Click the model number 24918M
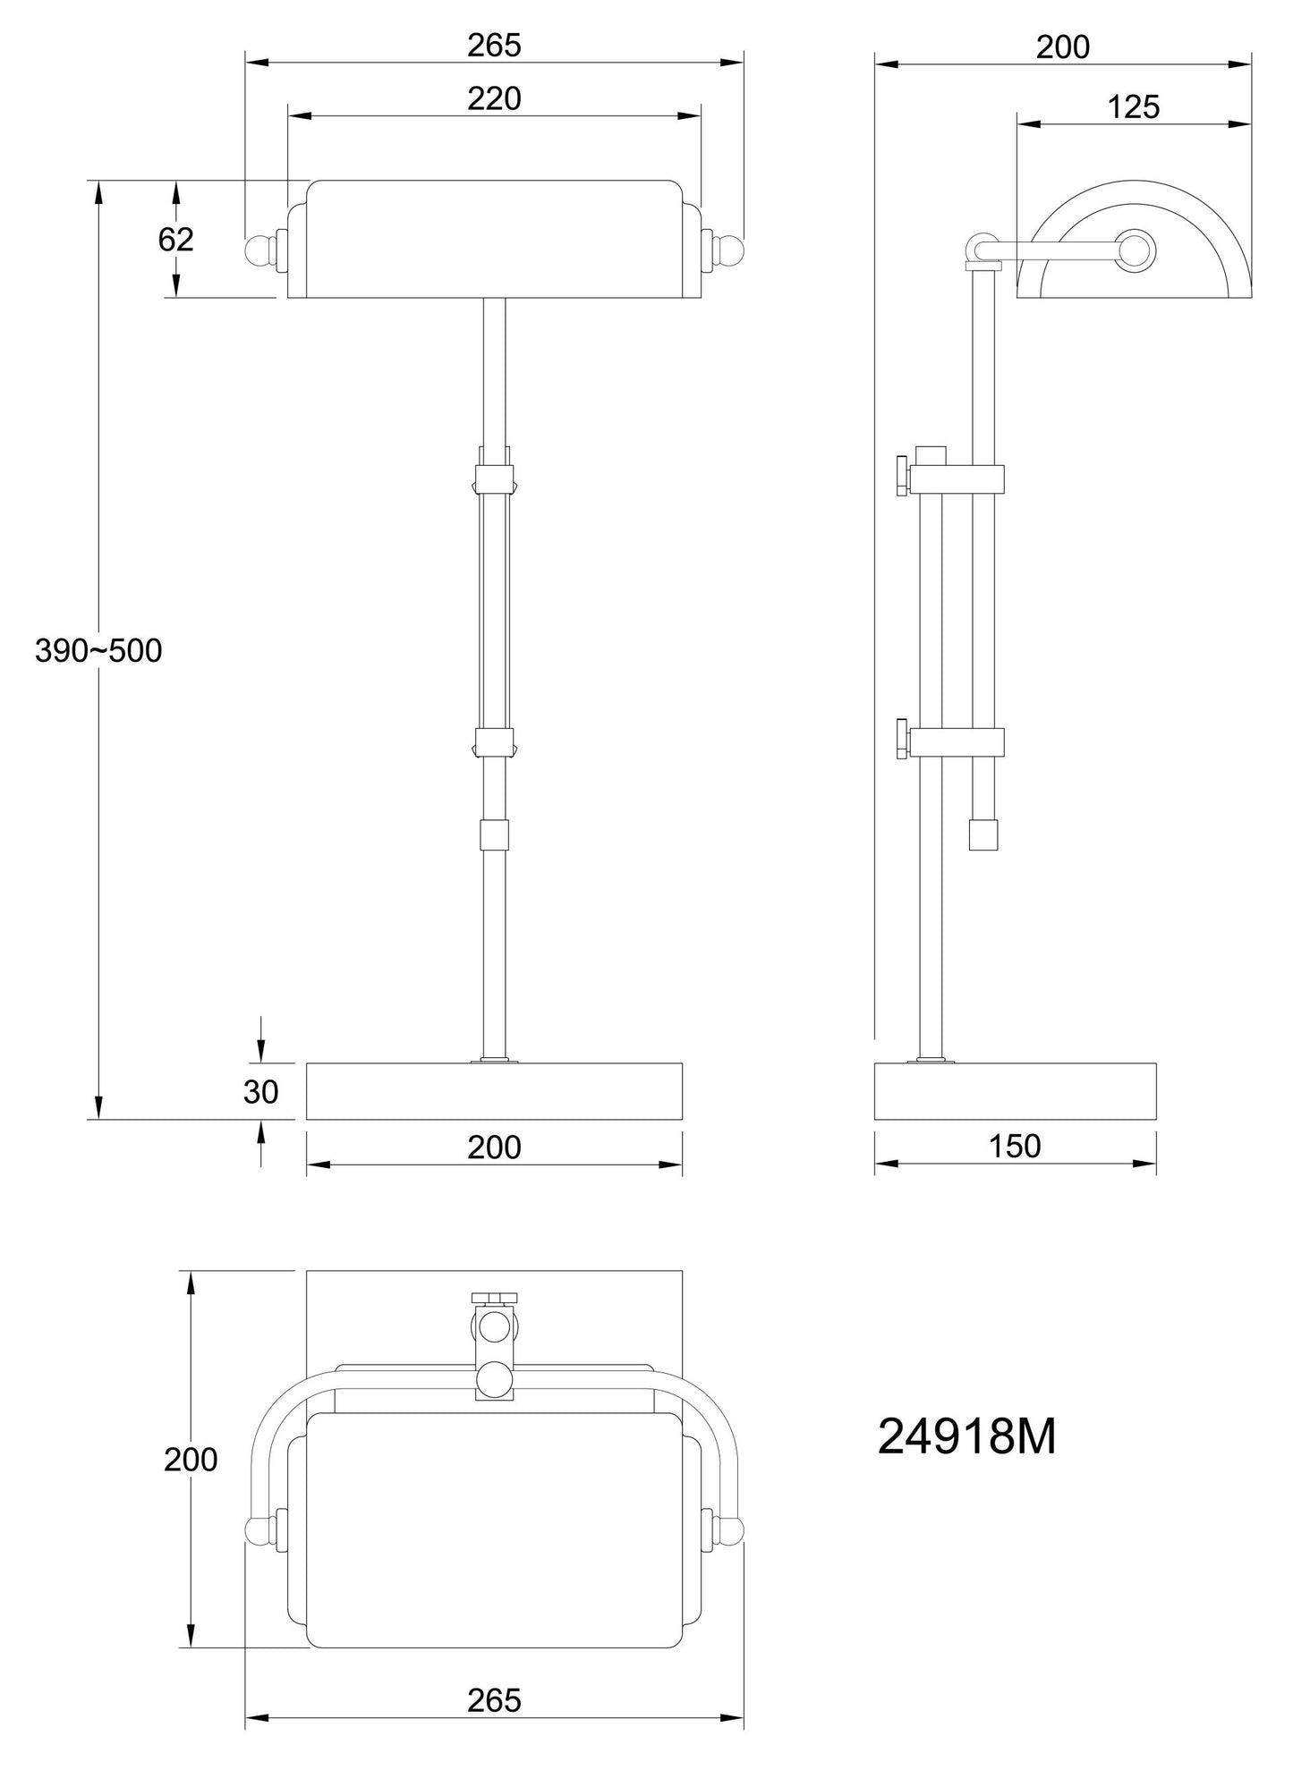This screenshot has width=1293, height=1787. click(x=966, y=1437)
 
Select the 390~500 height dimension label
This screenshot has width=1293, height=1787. click(x=98, y=651)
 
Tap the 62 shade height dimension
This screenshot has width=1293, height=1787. click(x=175, y=240)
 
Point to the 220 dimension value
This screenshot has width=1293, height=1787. click(x=494, y=98)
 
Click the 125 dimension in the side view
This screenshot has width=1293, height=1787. click(x=1134, y=107)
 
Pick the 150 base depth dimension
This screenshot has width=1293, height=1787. click(x=1015, y=1146)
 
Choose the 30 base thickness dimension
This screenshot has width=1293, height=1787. click(x=261, y=1092)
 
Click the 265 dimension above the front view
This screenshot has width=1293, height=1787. click(x=494, y=46)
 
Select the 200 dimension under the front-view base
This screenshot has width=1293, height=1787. click(x=494, y=1147)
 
